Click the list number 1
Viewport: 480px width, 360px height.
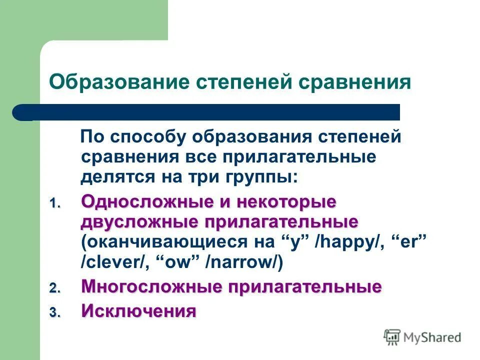(x=53, y=204)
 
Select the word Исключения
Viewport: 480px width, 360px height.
(x=138, y=311)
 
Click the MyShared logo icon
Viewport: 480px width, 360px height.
(x=393, y=337)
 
